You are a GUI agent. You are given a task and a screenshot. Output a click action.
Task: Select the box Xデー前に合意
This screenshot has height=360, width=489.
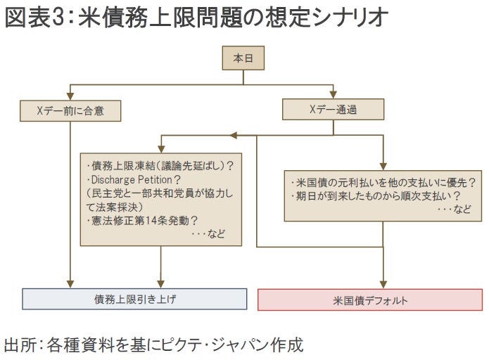(x=70, y=110)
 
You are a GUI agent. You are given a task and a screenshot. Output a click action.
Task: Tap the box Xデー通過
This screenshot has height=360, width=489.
(x=334, y=109)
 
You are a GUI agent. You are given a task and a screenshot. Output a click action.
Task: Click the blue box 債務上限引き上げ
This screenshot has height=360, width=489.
(x=135, y=299)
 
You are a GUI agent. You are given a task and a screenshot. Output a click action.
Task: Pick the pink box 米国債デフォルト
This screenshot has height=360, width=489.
(x=370, y=300)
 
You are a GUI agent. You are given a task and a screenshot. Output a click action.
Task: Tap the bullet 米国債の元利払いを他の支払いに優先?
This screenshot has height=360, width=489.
(x=383, y=182)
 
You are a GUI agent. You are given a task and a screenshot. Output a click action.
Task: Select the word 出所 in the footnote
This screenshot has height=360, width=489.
(x=19, y=345)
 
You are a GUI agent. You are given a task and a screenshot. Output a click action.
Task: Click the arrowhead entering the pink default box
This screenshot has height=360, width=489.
(x=383, y=283)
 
